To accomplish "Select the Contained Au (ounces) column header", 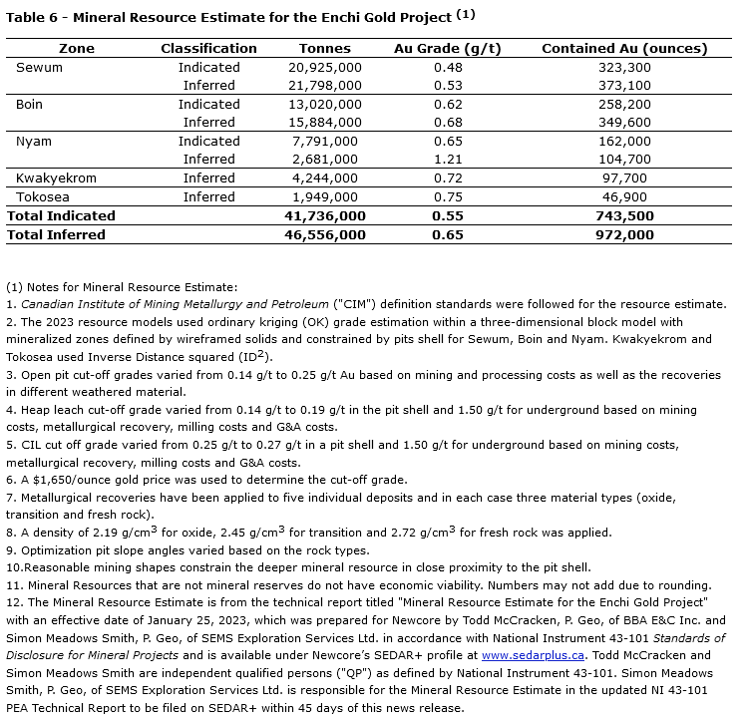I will tap(624, 48).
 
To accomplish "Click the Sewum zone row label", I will tap(39, 67).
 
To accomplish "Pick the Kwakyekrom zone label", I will tap(56, 178).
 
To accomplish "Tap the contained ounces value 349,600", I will tap(624, 123).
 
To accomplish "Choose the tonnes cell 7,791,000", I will tap(327, 142).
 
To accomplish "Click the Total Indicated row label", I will tap(62, 215).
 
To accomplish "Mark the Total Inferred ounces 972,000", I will tap(624, 234).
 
